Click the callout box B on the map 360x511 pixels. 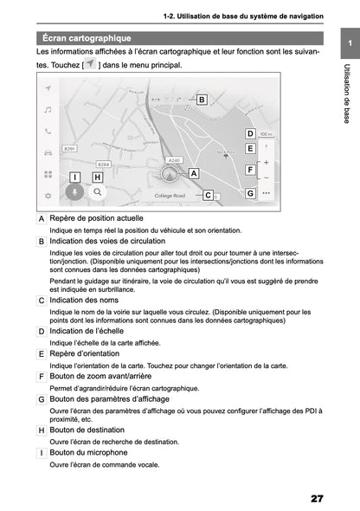click(x=202, y=100)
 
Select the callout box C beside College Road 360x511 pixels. click(x=208, y=196)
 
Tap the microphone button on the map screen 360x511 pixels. click(x=75, y=192)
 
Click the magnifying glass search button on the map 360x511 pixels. click(x=98, y=192)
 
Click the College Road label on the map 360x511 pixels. click(x=170, y=197)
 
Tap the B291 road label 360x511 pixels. click(x=71, y=149)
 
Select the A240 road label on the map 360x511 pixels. click(x=174, y=160)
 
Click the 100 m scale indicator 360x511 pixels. click(x=267, y=134)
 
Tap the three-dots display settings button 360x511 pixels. click(x=266, y=193)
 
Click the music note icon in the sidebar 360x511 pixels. click(x=48, y=110)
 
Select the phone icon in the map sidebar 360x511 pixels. click(x=48, y=132)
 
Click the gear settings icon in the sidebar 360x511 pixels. click(x=48, y=196)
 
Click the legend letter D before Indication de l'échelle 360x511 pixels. click(x=42, y=331)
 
